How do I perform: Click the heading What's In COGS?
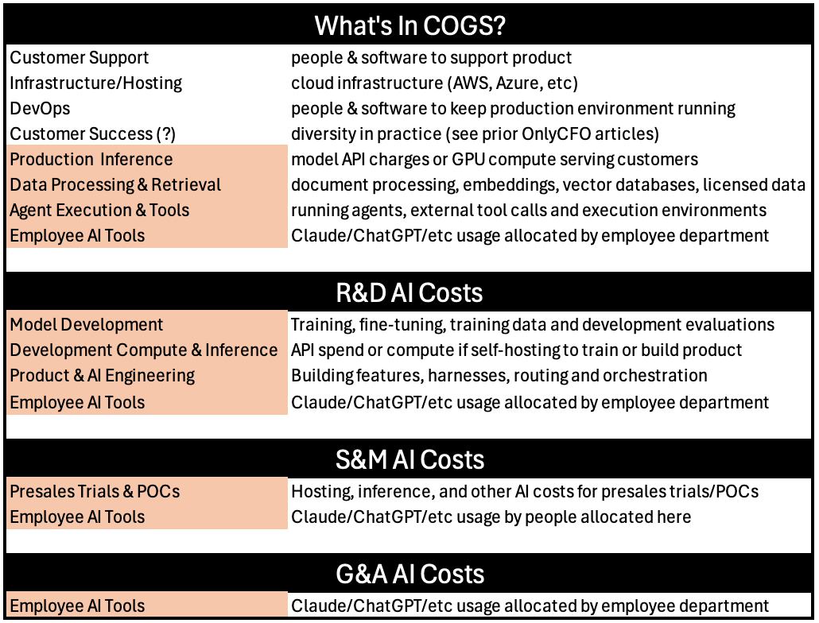tap(410, 25)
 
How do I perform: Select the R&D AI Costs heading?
tap(409, 292)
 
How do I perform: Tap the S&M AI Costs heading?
tap(409, 459)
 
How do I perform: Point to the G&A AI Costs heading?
tap(409, 574)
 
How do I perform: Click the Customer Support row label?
tap(80, 58)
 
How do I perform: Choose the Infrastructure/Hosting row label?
tap(96, 83)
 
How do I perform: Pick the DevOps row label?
tap(40, 109)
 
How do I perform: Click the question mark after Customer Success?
tap(166, 134)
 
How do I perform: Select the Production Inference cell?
tap(147, 159)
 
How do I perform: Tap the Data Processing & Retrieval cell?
tap(147, 184)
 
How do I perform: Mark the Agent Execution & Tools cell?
tap(147, 211)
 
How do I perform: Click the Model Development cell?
tap(147, 324)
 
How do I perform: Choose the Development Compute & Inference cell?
tap(147, 350)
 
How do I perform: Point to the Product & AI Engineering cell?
tap(147, 376)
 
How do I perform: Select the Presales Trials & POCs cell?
tap(147, 491)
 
